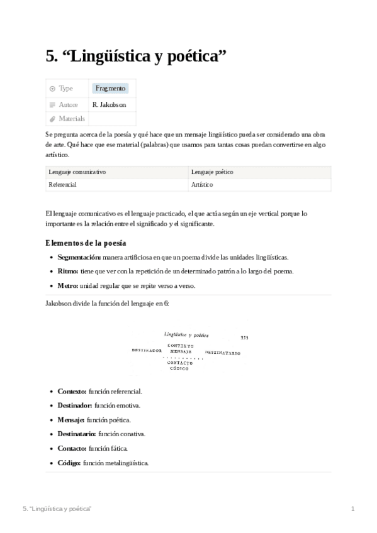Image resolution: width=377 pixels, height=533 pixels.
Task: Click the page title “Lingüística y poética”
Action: pyautogui.click(x=136, y=57)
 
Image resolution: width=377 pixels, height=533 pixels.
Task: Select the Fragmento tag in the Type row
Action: pyautogui.click(x=110, y=89)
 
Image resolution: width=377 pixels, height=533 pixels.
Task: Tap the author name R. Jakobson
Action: pyautogui.click(x=109, y=104)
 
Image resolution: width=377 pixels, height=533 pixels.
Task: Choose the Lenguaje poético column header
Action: pyautogui.click(x=213, y=172)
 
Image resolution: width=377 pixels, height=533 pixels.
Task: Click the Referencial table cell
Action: pyautogui.click(x=62, y=185)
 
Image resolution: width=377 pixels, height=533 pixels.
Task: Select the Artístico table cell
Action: pyautogui.click(x=202, y=185)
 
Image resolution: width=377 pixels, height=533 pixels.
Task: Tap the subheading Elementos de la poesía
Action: pyautogui.click(x=86, y=243)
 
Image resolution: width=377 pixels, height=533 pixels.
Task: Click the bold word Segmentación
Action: pyautogui.click(x=79, y=258)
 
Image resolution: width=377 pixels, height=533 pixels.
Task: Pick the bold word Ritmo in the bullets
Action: pyautogui.click(x=67, y=272)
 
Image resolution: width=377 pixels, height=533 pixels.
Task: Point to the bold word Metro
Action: pyautogui.click(x=67, y=285)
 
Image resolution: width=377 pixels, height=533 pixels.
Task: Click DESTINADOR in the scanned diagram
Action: pyautogui.click(x=147, y=350)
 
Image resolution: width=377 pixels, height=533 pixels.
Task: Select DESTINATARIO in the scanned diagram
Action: pyautogui.click(x=222, y=353)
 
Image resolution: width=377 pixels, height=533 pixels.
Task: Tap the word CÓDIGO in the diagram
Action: pyautogui.click(x=180, y=368)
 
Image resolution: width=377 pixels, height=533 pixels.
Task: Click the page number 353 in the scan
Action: pyautogui.click(x=244, y=338)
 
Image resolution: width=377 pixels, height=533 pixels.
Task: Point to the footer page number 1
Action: pyautogui.click(x=353, y=508)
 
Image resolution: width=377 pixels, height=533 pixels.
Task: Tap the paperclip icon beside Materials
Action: pyautogui.click(x=52, y=119)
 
